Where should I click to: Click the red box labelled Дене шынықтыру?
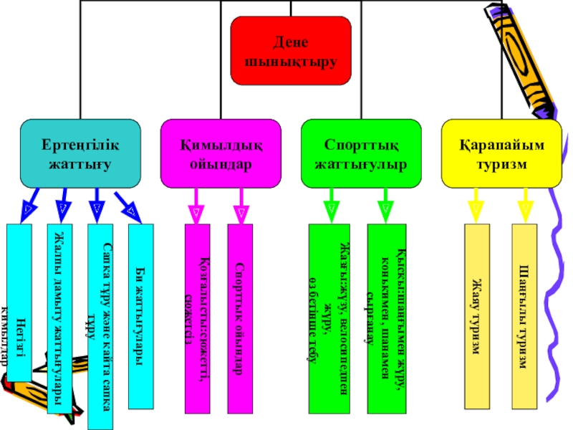click(291, 51)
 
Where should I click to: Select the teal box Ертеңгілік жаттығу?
click(80, 154)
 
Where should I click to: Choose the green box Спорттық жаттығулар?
click(361, 154)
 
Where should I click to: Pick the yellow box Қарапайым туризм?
click(501, 154)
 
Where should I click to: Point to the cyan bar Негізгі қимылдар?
click(19, 301)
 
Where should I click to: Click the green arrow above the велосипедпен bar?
click(330, 205)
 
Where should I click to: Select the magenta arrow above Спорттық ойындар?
click(241, 206)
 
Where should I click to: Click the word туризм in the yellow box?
click(501, 163)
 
